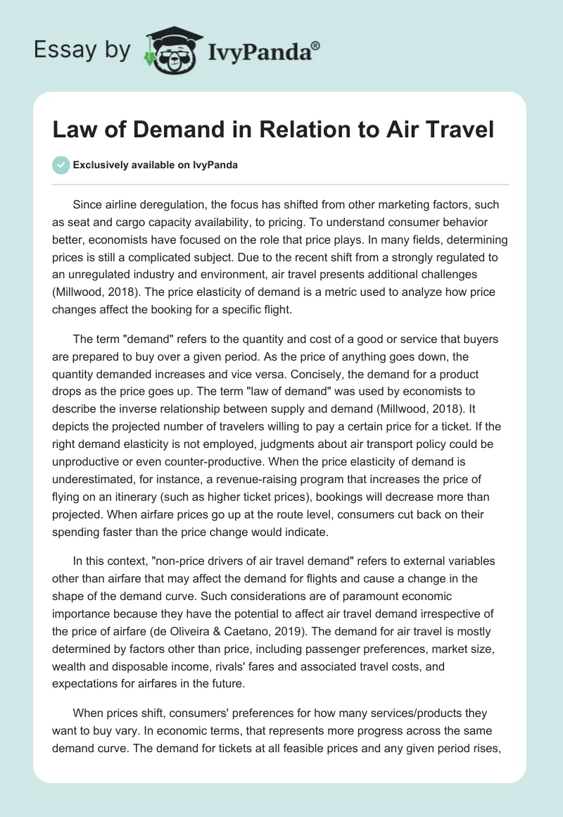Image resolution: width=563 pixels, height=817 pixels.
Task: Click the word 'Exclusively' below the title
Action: click(x=99, y=166)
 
